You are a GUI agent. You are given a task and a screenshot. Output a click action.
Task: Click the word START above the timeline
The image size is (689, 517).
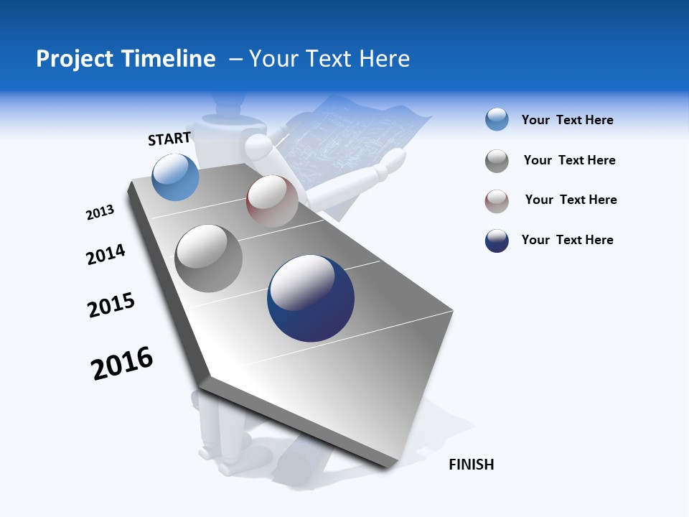point(169,139)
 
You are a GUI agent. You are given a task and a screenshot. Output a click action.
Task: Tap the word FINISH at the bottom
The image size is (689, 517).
point(471,465)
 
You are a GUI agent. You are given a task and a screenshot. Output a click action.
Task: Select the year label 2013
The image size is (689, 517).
point(100,213)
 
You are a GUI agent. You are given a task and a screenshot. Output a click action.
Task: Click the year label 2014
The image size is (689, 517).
point(106,254)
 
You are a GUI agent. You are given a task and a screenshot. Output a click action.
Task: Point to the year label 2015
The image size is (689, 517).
point(111,304)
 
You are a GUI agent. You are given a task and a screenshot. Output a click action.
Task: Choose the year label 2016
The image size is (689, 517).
point(122,363)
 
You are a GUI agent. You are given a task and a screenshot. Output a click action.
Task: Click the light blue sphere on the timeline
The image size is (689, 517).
point(175,177)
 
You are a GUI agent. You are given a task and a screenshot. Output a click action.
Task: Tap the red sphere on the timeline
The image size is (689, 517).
point(272,201)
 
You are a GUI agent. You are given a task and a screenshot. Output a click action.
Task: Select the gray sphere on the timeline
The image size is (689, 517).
point(209,258)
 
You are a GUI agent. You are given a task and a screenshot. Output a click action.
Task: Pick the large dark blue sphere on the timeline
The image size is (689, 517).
point(311,298)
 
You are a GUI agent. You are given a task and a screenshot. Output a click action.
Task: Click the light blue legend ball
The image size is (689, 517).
point(497,120)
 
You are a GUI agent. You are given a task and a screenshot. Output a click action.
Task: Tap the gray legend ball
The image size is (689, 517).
point(497,161)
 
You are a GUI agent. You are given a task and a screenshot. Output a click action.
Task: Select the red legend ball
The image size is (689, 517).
point(497,201)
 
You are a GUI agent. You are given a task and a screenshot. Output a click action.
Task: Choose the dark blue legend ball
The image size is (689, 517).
point(497,241)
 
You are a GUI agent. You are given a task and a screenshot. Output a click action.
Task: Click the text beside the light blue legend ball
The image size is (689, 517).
point(567,121)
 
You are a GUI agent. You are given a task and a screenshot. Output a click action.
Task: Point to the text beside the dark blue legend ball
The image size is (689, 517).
point(567,240)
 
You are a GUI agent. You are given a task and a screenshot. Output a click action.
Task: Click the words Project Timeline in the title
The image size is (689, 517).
point(126,59)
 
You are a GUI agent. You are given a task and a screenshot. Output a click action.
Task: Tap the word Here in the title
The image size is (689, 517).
point(384,59)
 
